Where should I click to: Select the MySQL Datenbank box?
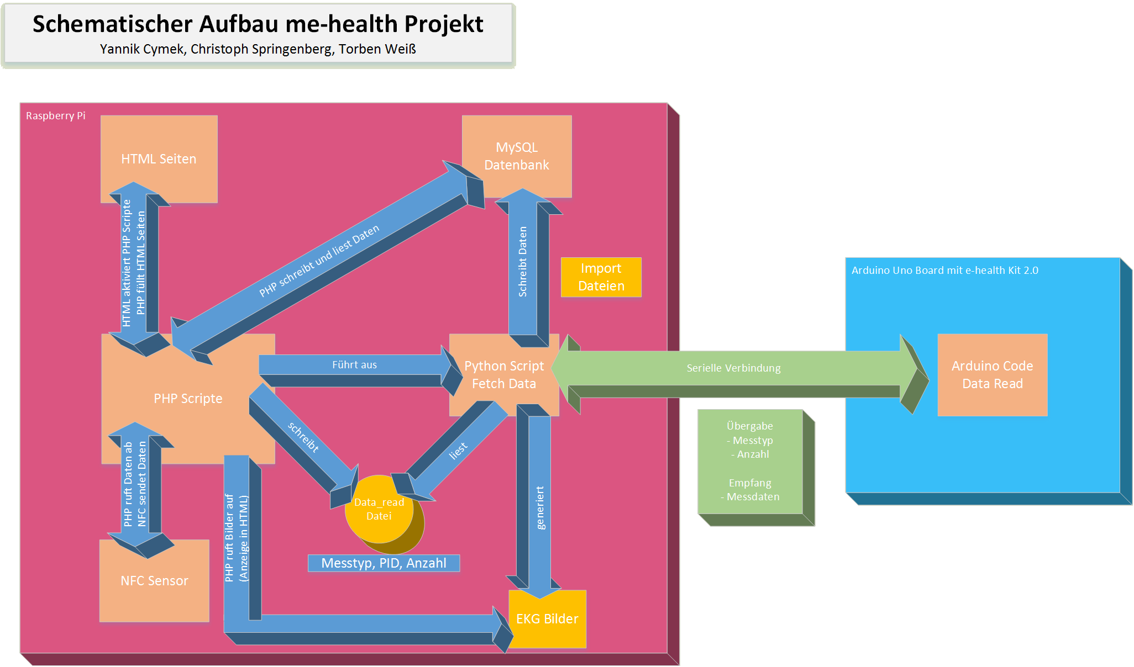(517, 156)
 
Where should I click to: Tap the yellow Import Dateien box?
(601, 277)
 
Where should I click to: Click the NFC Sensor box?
(154, 581)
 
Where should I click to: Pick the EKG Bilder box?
(547, 619)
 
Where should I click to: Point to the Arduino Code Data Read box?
(992, 375)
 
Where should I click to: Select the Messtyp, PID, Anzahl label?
(384, 563)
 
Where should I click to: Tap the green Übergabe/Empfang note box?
(750, 462)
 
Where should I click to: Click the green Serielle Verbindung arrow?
(733, 368)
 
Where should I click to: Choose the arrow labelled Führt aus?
(354, 365)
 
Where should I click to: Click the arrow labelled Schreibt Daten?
(523, 262)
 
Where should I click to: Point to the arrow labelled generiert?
(540, 508)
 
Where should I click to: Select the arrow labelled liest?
(458, 451)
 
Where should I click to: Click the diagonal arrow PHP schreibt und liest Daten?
(319, 260)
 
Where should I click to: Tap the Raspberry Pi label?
(56, 116)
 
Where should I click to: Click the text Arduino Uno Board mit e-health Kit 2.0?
(944, 271)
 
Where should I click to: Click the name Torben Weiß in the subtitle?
(377, 49)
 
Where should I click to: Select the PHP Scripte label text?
(188, 399)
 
